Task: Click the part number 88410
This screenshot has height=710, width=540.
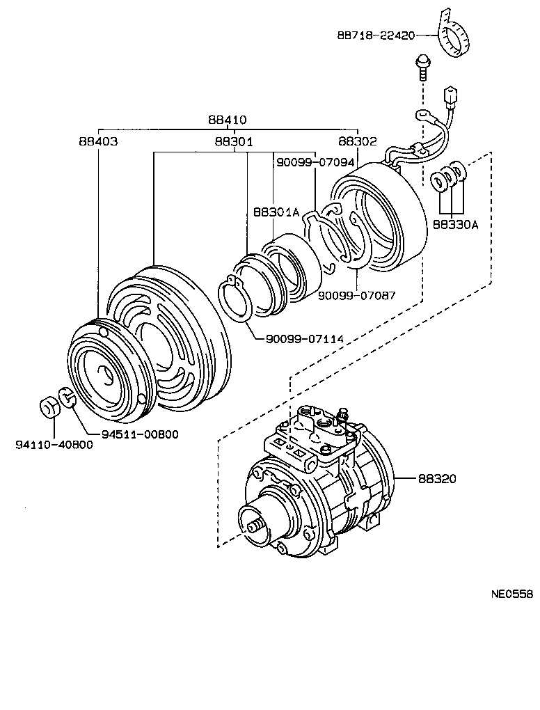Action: [x=227, y=120]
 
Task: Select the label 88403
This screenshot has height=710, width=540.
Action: [x=98, y=141]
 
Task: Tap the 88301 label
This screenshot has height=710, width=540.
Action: [x=233, y=141]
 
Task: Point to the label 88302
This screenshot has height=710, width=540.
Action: [x=357, y=141]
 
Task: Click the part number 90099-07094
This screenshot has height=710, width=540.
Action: [x=315, y=162]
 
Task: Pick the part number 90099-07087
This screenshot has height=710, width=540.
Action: [x=357, y=295]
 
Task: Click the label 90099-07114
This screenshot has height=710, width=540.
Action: [x=305, y=339]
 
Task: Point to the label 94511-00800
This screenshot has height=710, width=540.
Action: [x=139, y=434]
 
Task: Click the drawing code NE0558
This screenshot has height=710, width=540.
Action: [x=512, y=594]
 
